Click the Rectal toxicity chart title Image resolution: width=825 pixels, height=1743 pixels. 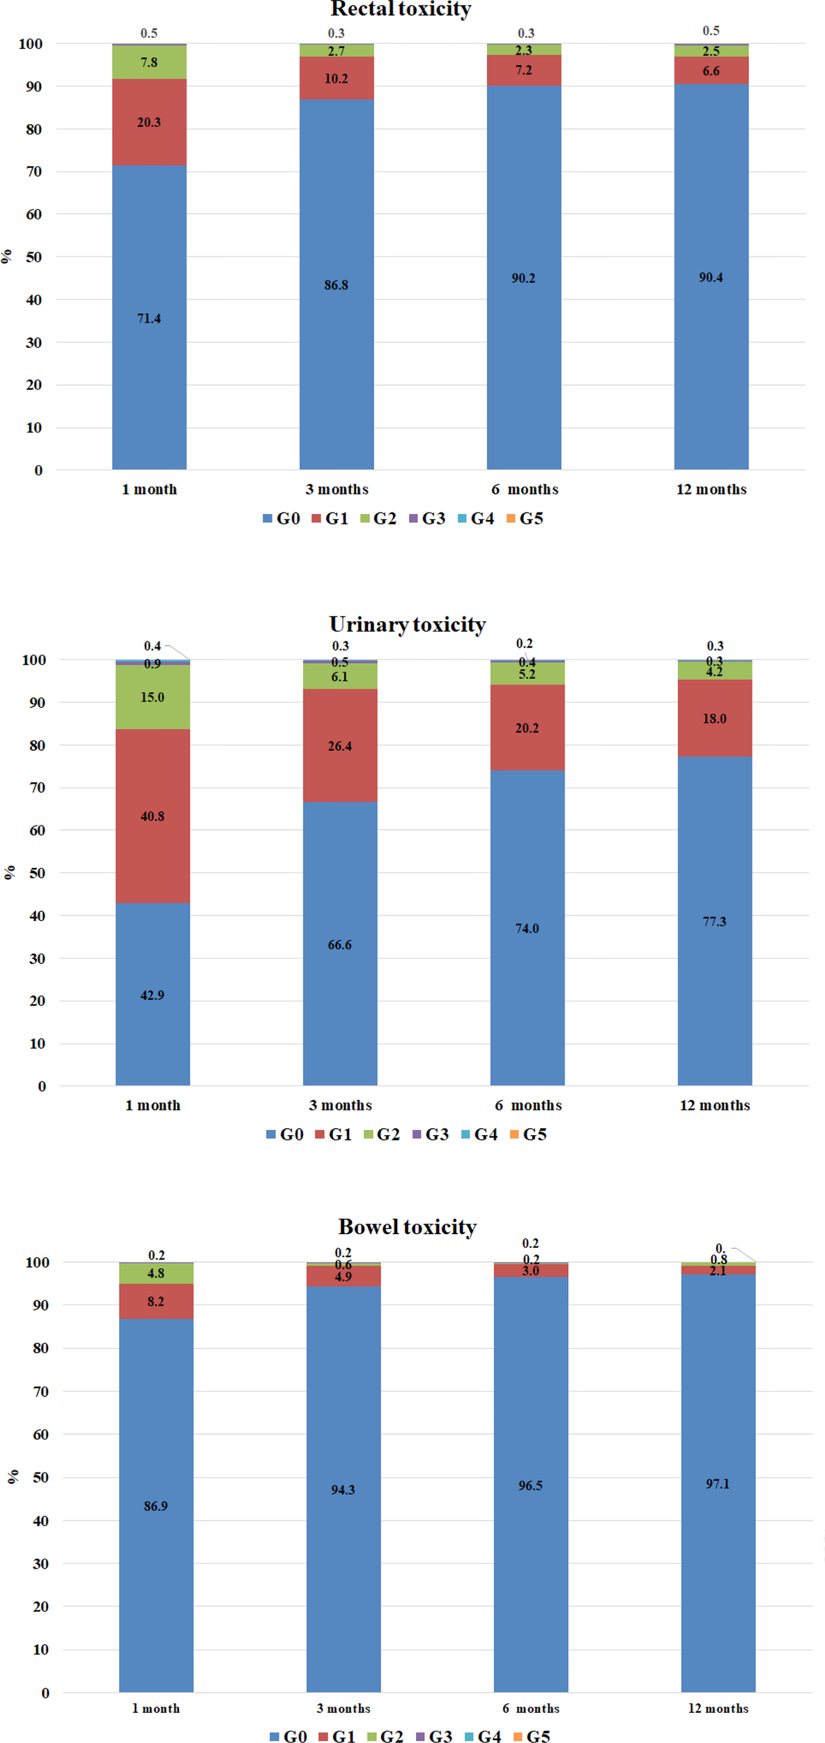(x=401, y=9)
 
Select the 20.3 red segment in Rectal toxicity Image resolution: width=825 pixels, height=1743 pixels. (x=149, y=122)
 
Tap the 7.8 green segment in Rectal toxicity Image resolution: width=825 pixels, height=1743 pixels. (x=149, y=62)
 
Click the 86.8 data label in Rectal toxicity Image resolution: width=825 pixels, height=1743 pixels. (x=336, y=285)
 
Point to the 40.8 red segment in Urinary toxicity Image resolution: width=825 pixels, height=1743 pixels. (x=153, y=816)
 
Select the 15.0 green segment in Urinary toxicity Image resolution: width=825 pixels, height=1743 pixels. (x=153, y=697)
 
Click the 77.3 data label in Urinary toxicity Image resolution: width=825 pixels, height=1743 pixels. (x=714, y=922)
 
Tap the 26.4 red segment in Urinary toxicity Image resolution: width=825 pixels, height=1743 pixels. (x=340, y=746)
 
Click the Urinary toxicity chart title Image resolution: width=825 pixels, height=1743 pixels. (x=408, y=624)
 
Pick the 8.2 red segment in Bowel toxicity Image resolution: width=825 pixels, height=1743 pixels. (x=156, y=1301)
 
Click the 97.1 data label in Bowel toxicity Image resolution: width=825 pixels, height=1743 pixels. (x=718, y=1484)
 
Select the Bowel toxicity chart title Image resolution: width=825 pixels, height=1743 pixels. (x=408, y=1226)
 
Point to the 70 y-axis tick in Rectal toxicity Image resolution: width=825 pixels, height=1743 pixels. (x=33, y=172)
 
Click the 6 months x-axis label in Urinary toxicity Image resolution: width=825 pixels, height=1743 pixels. (x=528, y=1105)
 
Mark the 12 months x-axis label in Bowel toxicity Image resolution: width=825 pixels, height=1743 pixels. (x=718, y=1708)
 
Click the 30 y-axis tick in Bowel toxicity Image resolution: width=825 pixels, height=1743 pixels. (x=40, y=1564)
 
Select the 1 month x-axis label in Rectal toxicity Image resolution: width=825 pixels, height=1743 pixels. (x=149, y=489)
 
